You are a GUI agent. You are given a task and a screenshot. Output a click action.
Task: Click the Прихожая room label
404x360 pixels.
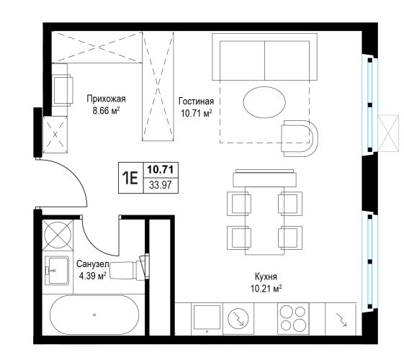click(106, 99)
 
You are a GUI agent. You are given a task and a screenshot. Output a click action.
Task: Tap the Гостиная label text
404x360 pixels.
click(196, 101)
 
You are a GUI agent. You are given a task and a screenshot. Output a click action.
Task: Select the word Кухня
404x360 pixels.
click(266, 276)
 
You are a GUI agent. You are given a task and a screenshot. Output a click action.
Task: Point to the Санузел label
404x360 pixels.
click(93, 264)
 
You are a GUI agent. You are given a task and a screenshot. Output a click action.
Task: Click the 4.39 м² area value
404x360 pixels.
click(93, 276)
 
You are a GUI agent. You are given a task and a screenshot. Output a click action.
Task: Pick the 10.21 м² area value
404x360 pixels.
click(266, 289)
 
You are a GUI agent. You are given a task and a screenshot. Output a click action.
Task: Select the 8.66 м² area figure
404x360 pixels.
click(106, 111)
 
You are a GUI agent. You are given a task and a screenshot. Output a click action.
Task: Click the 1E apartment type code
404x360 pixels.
click(130, 178)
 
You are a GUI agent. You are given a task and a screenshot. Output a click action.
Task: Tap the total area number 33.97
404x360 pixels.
click(161, 185)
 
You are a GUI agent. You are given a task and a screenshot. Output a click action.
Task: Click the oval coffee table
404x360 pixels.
click(264, 102)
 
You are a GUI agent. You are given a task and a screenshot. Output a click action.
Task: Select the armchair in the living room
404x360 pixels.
click(300, 138)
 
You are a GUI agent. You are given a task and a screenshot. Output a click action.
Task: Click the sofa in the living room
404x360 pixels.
click(264, 57)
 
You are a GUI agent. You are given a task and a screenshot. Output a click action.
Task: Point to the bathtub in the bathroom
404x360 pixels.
click(94, 315)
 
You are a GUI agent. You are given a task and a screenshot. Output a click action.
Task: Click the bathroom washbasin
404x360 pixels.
click(57, 271)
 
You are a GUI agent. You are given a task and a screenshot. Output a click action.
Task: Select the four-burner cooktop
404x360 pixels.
click(293, 319)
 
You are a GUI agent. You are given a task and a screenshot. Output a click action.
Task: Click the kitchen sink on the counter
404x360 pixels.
click(207, 318)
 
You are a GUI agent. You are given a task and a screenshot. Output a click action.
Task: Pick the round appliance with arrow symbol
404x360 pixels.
click(238, 318)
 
